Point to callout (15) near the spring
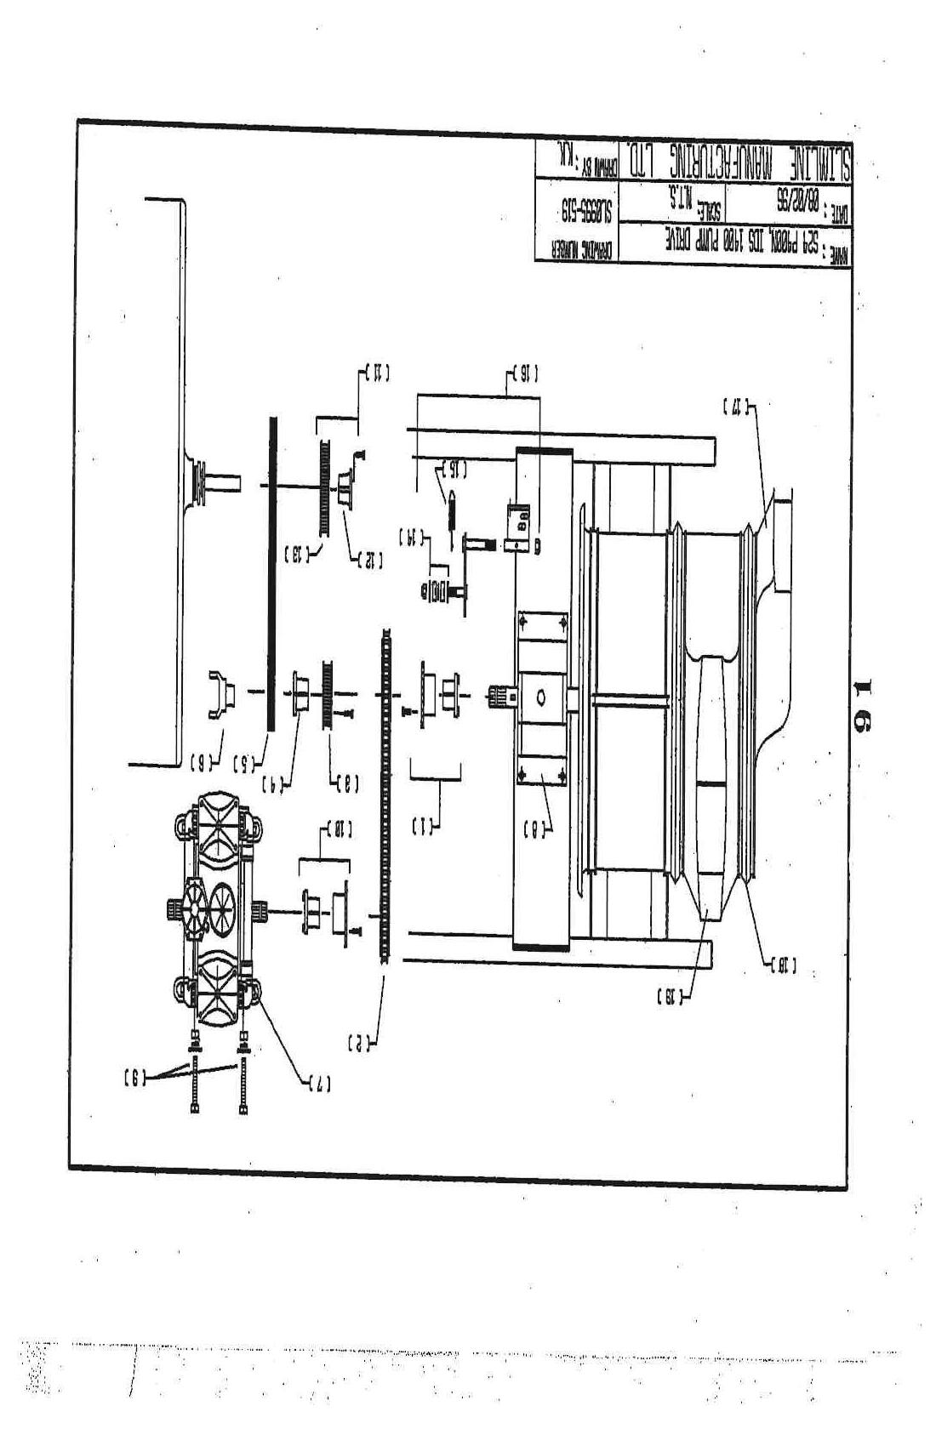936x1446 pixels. click(451, 469)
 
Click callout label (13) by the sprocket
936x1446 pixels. click(297, 555)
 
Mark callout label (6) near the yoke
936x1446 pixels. click(202, 760)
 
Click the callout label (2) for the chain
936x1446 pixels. click(360, 1042)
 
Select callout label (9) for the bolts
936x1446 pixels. click(134, 1077)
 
